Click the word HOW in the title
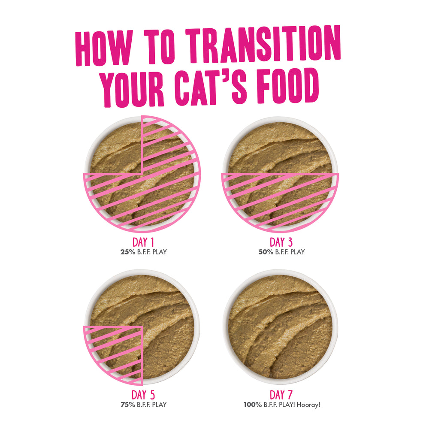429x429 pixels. click(104, 48)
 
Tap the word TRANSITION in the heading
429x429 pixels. click(263, 44)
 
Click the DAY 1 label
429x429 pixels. click(143, 242)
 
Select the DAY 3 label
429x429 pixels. click(281, 242)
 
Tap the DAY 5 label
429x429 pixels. click(143, 395)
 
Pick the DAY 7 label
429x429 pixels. click(281, 395)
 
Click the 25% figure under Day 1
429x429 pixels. click(128, 252)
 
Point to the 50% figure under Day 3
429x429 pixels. click(266, 252)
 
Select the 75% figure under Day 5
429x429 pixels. click(128, 405)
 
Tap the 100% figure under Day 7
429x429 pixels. click(253, 405)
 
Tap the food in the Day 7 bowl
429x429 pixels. click(280, 327)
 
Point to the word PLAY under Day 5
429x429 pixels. click(159, 405)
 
